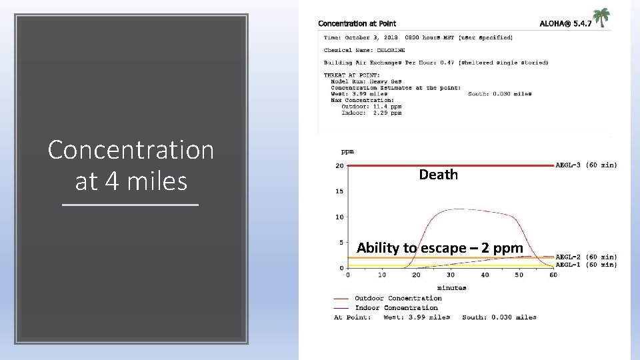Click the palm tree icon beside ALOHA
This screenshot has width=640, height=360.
point(601,18)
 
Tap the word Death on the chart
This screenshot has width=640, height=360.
point(438,175)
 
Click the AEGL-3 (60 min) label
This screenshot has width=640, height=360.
point(586,165)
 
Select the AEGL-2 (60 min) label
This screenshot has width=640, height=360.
point(586,257)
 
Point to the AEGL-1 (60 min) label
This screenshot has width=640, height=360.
point(586,265)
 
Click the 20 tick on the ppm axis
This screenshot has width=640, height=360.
point(339,165)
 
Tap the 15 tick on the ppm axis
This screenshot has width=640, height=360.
point(339,191)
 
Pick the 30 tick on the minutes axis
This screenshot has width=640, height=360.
point(451,275)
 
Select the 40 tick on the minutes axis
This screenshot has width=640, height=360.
point(485,275)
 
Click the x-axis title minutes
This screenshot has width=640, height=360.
point(451,288)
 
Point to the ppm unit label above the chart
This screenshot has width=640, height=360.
point(347,151)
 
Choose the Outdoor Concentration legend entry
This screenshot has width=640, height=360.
point(398,298)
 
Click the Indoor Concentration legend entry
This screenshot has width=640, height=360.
point(396,307)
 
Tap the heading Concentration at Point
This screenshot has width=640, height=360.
point(357,23)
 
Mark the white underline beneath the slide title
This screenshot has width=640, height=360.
point(131,205)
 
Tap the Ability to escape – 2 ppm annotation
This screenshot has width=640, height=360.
point(440,248)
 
